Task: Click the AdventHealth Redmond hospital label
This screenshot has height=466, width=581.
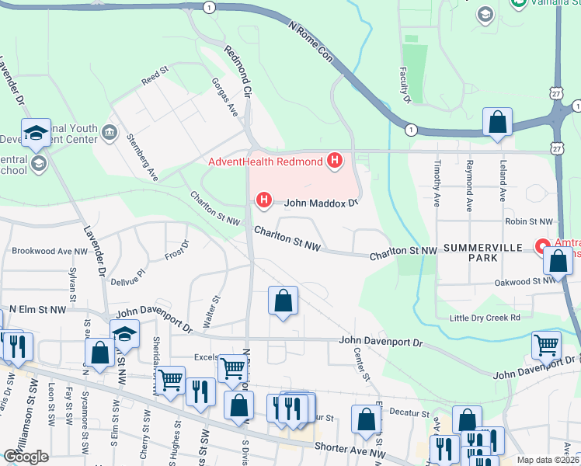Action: coord(265,162)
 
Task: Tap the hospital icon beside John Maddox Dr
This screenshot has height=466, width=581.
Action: coord(264,201)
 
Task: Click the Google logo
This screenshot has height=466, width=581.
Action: coord(26,457)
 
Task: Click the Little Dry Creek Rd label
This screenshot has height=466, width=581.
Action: coord(485,318)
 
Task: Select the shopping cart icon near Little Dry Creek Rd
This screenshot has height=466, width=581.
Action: coord(546,345)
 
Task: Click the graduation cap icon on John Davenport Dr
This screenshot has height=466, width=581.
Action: coord(124,335)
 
